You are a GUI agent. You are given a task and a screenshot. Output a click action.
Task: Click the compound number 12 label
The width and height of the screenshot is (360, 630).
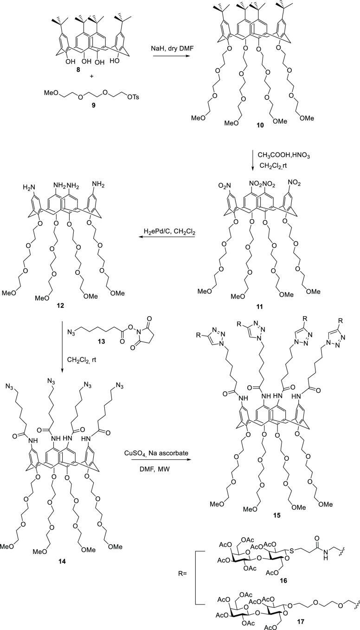pyautogui.click(x=55, y=308)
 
